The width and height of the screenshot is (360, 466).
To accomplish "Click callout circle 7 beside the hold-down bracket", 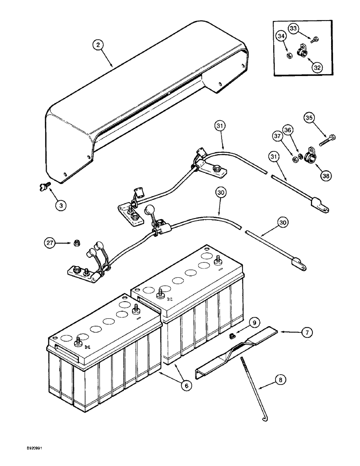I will tap(319, 332).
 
